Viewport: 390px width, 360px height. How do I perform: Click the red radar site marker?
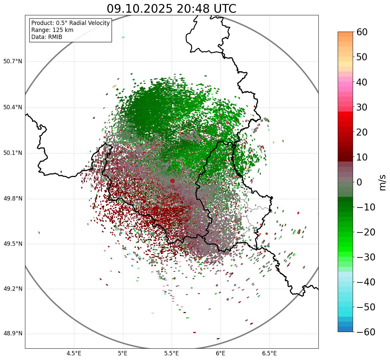pos(173,181)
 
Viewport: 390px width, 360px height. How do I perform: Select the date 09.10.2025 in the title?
pos(140,9)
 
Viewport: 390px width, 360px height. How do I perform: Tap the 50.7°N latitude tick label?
pos(13,62)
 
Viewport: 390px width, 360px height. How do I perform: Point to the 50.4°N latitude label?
pos(13,108)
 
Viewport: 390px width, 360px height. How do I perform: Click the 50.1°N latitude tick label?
pos(13,153)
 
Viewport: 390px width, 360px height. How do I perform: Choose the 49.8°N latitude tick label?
pos(13,199)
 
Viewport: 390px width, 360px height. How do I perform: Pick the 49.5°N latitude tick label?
pos(13,244)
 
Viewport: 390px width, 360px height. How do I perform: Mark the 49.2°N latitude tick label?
pos(13,289)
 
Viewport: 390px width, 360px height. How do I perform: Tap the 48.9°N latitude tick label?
pos(13,334)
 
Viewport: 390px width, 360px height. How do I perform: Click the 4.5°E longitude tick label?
pos(74,353)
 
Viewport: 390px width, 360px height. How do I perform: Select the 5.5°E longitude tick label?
pos(172,353)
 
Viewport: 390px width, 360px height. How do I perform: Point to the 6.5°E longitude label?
pos(269,353)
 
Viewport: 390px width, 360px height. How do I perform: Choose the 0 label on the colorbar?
pos(359,182)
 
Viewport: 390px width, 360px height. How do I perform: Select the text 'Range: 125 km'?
pos(52,30)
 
